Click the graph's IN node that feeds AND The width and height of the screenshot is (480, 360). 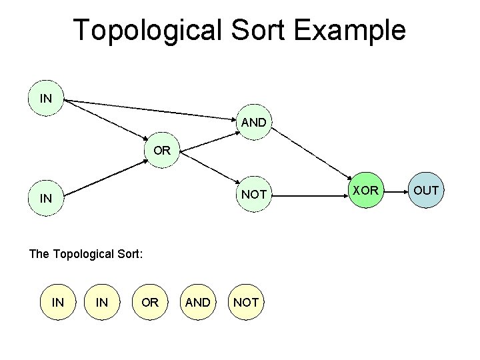pos(46,99)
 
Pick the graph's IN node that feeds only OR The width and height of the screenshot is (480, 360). pos(46,198)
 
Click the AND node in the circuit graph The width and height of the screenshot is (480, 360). pos(254,123)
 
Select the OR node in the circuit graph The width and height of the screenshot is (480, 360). pos(162,151)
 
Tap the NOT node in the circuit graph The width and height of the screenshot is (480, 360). pos(254,195)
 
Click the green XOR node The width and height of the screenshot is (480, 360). pos(365,191)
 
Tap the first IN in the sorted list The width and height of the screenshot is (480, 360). pos(58,302)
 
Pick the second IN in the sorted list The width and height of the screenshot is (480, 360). pos(102,302)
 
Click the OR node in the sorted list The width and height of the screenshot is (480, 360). pos(150,302)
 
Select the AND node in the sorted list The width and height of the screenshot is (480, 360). pos(197,302)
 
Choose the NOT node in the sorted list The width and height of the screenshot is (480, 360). pos(246,302)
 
